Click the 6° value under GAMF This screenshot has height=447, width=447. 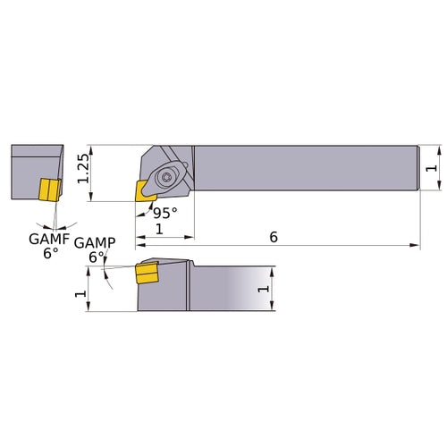[49, 253]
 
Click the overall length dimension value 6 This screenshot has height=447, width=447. [274, 236]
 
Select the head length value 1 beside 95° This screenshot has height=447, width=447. [159, 229]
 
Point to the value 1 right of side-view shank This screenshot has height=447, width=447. [262, 289]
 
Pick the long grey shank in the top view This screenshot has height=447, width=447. [304, 167]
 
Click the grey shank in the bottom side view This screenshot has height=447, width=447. [228, 286]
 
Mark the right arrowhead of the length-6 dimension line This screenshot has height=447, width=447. [417, 244]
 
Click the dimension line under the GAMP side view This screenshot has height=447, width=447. [112, 310]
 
